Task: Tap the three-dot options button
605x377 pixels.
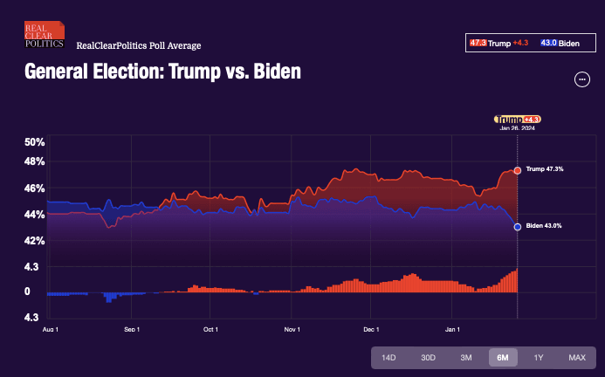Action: (x=582, y=79)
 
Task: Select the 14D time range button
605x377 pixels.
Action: (x=389, y=358)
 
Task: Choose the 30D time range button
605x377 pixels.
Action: (x=428, y=358)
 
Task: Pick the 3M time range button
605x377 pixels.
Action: (x=466, y=358)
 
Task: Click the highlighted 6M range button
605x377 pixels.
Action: (x=503, y=358)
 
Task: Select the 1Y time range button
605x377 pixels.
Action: (x=539, y=358)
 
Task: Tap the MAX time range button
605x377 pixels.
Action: (x=576, y=358)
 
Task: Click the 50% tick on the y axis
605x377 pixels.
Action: (x=34, y=142)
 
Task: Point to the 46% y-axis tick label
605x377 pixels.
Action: (x=34, y=188)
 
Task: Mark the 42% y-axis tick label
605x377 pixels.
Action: (x=34, y=241)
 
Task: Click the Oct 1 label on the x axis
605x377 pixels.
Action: (x=210, y=330)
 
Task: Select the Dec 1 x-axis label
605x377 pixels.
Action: (x=371, y=330)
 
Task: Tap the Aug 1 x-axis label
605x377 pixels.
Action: (x=50, y=330)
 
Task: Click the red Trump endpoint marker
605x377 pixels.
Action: (x=518, y=170)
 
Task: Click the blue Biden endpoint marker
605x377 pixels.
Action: (x=518, y=227)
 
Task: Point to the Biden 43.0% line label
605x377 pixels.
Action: (x=544, y=226)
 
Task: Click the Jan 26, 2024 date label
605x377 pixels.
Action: (x=517, y=128)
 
